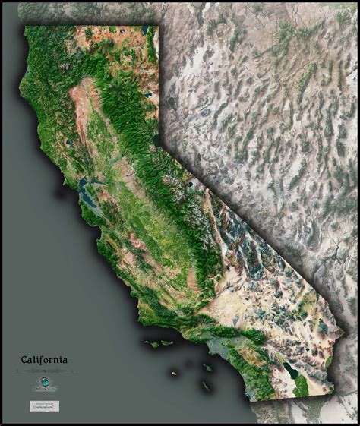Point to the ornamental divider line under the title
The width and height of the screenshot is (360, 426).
44,371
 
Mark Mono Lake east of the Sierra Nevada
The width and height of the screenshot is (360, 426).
188,185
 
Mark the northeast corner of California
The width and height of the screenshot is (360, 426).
158,27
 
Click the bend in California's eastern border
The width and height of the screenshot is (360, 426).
159,137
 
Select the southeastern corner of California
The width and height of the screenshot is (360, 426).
333,393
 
